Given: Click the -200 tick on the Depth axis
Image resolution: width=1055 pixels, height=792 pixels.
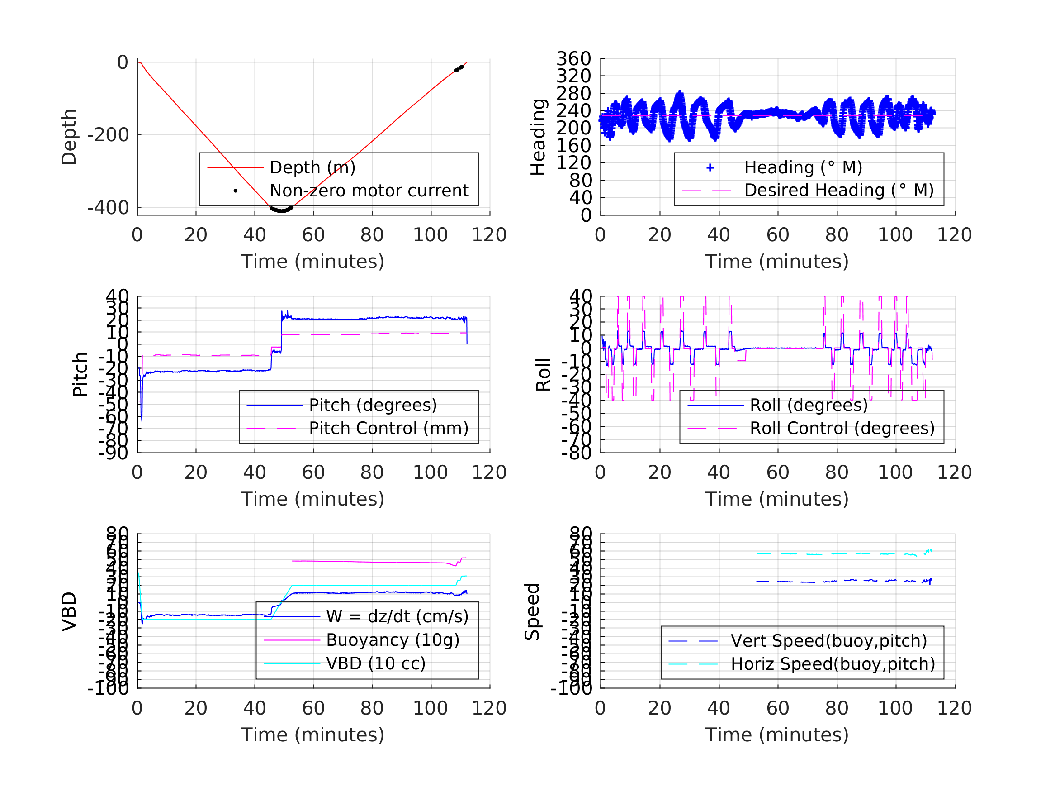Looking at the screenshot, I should [x=108, y=136].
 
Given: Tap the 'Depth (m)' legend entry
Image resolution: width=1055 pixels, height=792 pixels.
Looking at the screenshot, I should [x=312, y=168].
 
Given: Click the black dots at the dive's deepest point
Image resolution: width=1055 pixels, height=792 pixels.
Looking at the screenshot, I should [x=281, y=210].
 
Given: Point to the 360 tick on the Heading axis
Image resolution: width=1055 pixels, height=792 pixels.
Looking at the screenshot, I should [x=573, y=59].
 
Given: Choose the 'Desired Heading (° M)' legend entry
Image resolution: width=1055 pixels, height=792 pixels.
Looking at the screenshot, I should [x=838, y=191].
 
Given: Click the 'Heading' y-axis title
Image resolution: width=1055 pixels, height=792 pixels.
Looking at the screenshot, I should [x=538, y=138].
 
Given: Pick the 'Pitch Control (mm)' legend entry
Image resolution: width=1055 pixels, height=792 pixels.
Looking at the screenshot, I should [x=388, y=428].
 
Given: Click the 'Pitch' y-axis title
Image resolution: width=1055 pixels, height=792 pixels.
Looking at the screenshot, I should [x=80, y=375].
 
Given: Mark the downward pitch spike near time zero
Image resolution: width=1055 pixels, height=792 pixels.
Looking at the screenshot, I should [x=142, y=419].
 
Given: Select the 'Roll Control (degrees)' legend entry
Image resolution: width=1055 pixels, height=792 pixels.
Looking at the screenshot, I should [x=842, y=428].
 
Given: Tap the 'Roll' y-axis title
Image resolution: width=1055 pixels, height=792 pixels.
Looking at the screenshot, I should [x=543, y=375].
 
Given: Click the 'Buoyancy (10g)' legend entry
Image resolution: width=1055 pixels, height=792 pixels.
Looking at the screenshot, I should [x=393, y=640].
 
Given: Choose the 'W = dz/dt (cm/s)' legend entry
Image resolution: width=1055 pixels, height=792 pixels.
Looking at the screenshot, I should [x=397, y=617].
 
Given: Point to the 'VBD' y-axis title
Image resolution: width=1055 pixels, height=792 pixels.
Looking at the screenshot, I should [x=69, y=612].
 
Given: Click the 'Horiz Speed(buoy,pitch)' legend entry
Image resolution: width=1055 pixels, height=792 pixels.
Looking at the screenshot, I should [x=833, y=664].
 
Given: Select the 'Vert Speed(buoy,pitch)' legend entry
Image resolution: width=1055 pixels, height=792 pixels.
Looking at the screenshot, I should [x=828, y=641].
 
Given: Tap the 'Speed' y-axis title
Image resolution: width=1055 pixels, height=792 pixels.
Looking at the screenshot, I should [x=532, y=612].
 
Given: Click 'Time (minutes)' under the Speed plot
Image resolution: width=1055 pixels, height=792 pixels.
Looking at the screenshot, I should [x=777, y=735].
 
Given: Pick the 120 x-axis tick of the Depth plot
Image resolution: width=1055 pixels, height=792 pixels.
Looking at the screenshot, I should [x=489, y=235].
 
